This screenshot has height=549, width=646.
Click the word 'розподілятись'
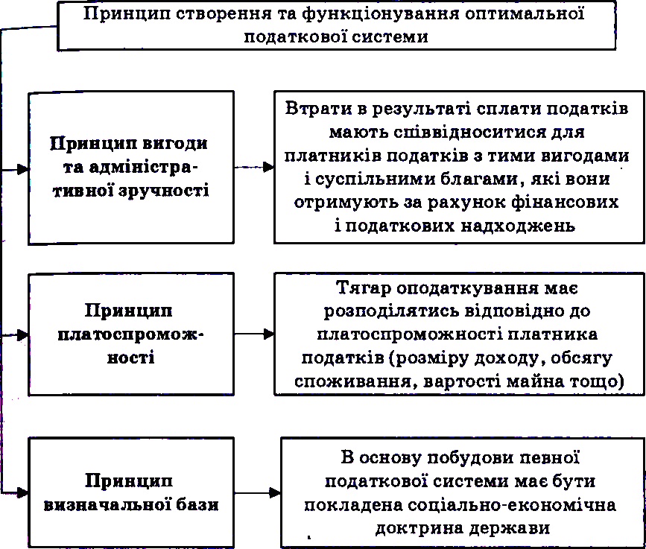click(x=391, y=312)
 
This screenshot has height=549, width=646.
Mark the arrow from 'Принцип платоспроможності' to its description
click(x=254, y=334)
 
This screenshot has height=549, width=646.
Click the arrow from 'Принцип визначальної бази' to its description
click(x=258, y=492)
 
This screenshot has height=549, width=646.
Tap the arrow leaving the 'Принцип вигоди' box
click(x=254, y=167)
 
